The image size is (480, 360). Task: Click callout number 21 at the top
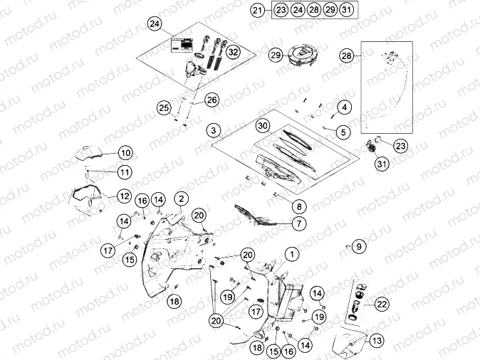click(259, 10)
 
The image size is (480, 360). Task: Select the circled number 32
click(234, 51)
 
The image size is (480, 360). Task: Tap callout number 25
click(164, 107)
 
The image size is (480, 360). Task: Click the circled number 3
click(212, 131)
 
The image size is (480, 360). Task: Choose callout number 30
click(263, 126)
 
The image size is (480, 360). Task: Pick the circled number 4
click(344, 107)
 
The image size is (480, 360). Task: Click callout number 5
click(343, 131)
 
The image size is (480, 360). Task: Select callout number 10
click(125, 152)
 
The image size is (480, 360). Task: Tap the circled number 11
click(125, 171)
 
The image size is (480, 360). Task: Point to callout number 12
click(124, 195)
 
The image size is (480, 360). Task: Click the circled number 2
click(182, 198)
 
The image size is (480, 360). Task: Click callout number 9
click(359, 246)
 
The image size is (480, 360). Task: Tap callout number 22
click(382, 304)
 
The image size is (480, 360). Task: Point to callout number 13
click(377, 340)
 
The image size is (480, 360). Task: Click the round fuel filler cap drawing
click(301, 57)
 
